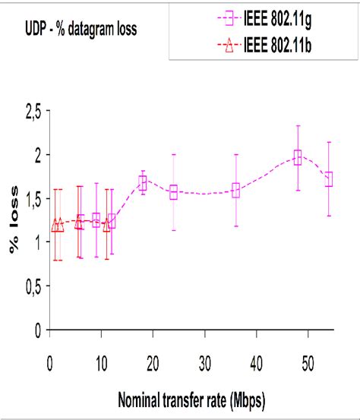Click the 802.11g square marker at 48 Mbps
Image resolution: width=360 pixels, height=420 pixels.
[298, 157]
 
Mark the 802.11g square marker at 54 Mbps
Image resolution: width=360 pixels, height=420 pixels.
[329, 179]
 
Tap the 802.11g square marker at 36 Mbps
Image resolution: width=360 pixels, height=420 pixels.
[235, 191]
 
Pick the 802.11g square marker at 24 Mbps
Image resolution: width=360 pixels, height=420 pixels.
[173, 193]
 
